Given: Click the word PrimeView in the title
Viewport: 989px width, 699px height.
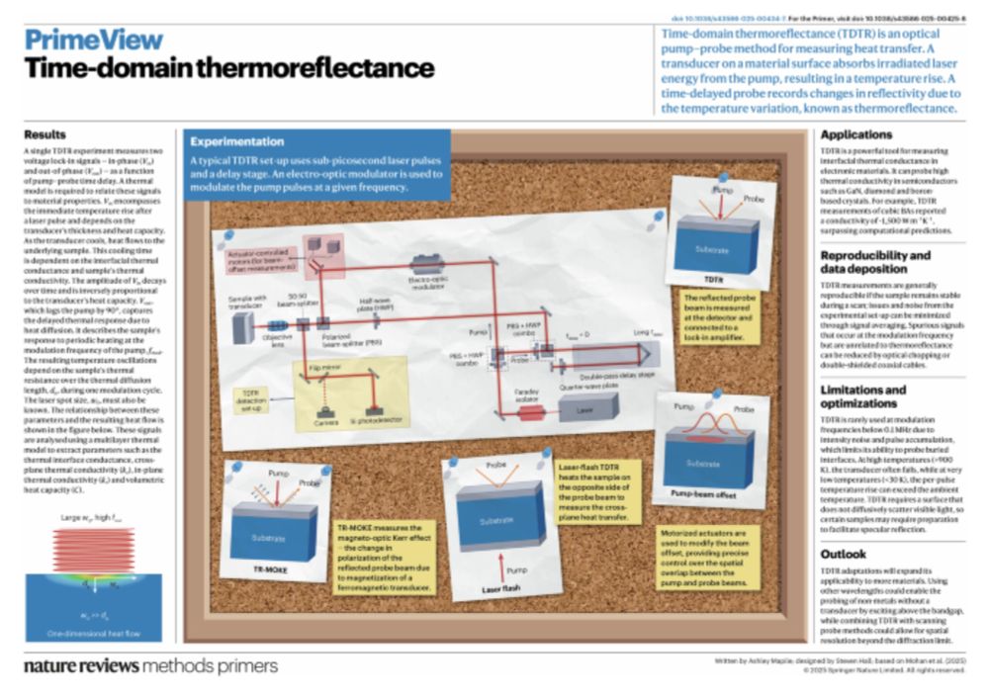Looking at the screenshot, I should coord(93,41).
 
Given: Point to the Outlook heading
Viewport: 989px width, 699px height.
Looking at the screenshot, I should coord(844,554).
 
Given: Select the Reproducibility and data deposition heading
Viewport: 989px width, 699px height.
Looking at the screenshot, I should coord(875,262).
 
